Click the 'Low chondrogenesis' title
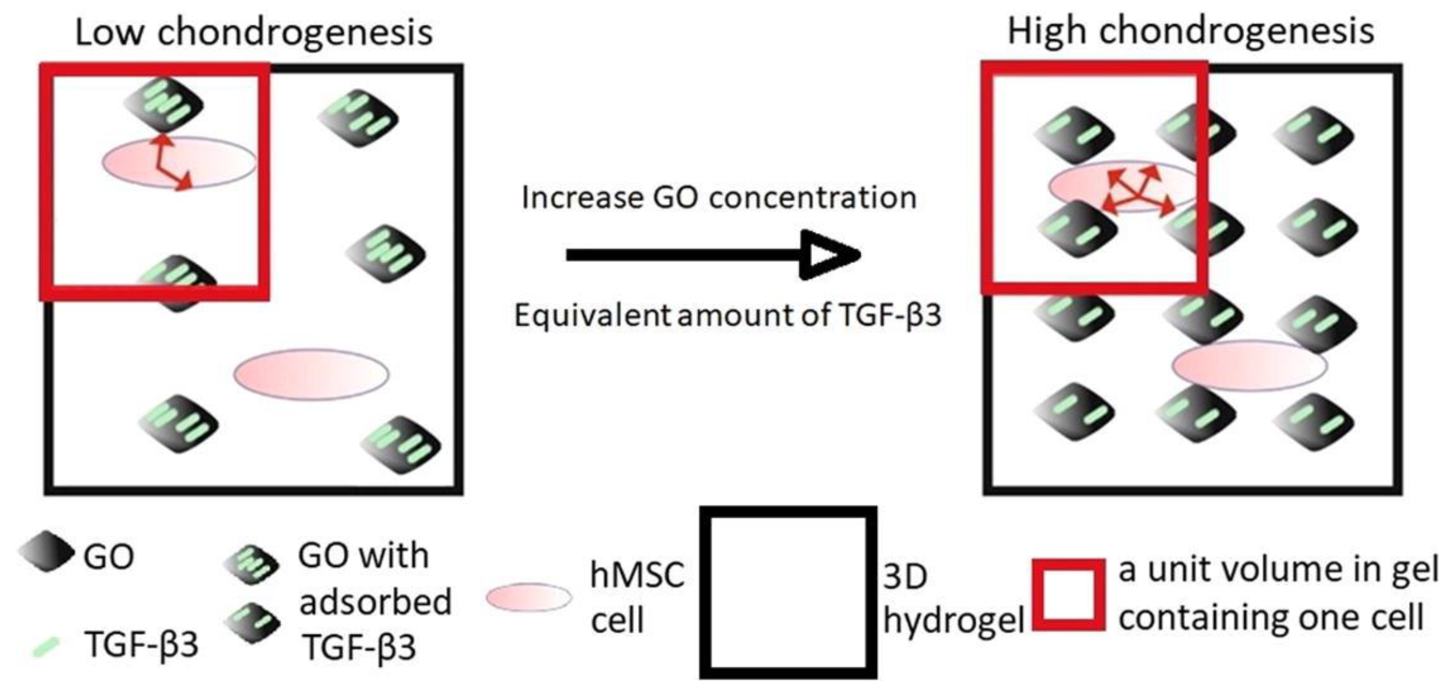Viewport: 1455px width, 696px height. point(254,33)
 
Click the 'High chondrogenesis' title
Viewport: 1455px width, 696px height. point(1190,31)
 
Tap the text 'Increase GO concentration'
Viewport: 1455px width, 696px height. point(719,198)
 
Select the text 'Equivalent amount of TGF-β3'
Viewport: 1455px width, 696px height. point(727,315)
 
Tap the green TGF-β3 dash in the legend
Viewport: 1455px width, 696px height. point(46,647)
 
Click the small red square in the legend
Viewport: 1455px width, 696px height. point(1069,595)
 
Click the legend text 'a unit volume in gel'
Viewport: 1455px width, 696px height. point(1278,570)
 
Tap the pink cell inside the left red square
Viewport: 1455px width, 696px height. point(179,162)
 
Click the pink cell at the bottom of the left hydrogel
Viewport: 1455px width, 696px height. point(311,374)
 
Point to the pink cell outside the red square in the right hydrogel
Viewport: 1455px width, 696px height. point(1249,366)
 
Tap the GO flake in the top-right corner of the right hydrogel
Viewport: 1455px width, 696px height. point(1314,134)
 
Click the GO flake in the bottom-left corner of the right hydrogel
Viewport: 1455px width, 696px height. point(1075,412)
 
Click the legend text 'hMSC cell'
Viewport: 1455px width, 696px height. point(637,598)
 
